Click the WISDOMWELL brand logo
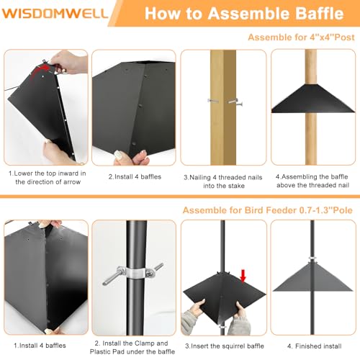pos(55,13)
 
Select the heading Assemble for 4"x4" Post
pos(301,37)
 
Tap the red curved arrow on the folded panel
pos(40,70)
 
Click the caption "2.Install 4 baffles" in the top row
pos(135,176)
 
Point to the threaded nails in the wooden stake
pos(225,102)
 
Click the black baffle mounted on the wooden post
pos(312,99)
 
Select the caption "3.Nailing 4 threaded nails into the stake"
pos(223,181)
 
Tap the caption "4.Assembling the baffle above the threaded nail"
pos(312,181)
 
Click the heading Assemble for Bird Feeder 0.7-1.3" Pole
pos(267,210)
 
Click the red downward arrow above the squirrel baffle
pos(243,276)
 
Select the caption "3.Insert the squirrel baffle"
pos(225,346)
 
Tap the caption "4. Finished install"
pos(315,346)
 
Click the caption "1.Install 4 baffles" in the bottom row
pos(40,346)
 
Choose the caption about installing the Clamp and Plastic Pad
pos(132,347)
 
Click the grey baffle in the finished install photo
pos(312,277)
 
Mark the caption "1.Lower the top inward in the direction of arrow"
pos(48,178)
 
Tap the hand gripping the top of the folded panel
pos(68,62)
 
